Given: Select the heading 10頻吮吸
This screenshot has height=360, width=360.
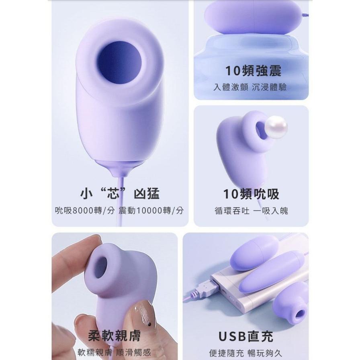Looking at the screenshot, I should point(251,194).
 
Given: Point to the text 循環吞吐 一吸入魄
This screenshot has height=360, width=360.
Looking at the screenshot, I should point(251,210).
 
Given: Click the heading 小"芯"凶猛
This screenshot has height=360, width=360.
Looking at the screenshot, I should point(120,194).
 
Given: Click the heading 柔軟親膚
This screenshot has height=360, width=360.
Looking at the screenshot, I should point(115,335).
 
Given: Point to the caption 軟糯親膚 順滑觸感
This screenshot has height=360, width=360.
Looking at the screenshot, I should point(115,352).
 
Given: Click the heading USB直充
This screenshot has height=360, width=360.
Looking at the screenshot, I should point(245,336).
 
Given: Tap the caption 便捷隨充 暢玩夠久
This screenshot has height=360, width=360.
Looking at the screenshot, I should point(245,353).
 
